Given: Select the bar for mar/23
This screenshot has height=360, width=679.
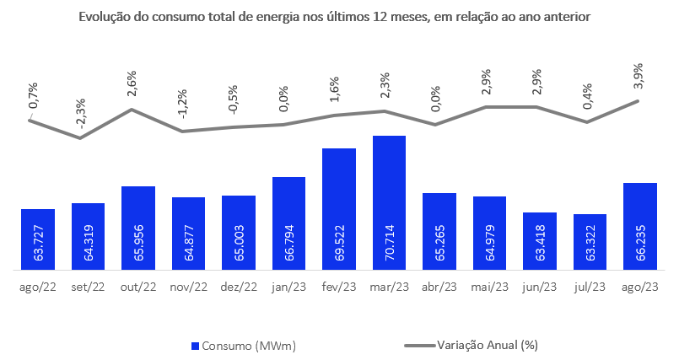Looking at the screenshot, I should (389, 202).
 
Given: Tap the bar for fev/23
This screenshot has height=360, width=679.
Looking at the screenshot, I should (339, 209).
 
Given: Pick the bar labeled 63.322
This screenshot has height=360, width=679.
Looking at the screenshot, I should (590, 242).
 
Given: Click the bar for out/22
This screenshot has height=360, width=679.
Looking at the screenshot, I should (138, 228).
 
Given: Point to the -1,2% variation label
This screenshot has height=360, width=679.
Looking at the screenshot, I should (181, 110).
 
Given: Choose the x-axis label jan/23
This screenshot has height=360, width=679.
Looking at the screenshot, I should (288, 287).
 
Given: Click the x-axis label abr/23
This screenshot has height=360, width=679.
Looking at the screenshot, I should (439, 287).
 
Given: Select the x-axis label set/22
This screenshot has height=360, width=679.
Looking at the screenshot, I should (88, 287).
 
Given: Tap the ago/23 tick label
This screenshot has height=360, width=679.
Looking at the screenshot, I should (640, 287).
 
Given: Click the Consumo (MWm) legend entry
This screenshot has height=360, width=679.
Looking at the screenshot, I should (245, 345).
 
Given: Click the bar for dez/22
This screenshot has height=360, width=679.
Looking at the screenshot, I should (239, 233).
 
